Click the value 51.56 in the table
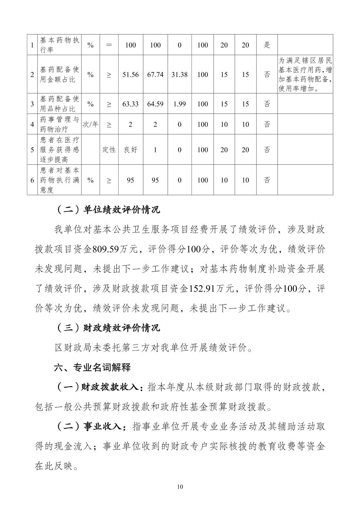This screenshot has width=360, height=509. (x=130, y=75)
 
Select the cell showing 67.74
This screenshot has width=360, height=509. (x=155, y=75)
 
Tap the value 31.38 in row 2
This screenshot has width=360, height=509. (x=179, y=75)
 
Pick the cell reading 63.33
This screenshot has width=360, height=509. (x=130, y=104)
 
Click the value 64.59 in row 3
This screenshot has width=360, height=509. (x=155, y=104)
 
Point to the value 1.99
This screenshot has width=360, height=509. (x=179, y=104)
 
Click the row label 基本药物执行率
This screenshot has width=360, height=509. (x=60, y=45)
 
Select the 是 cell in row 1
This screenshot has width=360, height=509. (x=267, y=45)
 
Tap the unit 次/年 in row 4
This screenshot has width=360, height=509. (x=90, y=124)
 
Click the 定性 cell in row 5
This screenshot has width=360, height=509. (x=109, y=150)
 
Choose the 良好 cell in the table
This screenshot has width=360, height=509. (x=130, y=150)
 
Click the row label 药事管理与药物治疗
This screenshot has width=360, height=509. (x=60, y=124)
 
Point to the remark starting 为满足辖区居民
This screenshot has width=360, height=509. (x=305, y=75)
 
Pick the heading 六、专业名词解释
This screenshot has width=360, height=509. (x=92, y=367)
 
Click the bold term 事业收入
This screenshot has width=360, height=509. (x=104, y=427)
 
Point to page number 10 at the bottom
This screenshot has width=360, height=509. (x=180, y=487)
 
